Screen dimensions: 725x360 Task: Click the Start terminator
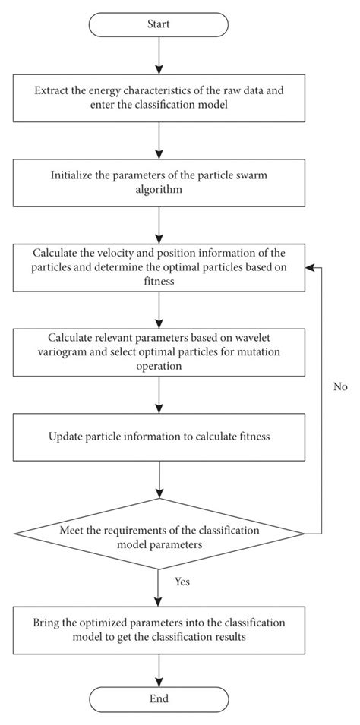pyautogui.click(x=159, y=24)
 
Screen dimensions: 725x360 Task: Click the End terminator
pyautogui.click(x=159, y=698)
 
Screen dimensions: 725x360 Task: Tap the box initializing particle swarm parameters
pyautogui.click(x=159, y=182)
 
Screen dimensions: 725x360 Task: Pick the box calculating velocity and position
pyautogui.click(x=159, y=266)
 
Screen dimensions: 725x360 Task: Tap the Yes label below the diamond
pyautogui.click(x=182, y=582)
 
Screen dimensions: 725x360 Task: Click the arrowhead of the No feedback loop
pyautogui.click(x=309, y=267)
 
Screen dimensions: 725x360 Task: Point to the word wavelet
pyautogui.click(x=251, y=337)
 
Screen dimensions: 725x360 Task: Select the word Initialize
pyautogui.click(x=72, y=175)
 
